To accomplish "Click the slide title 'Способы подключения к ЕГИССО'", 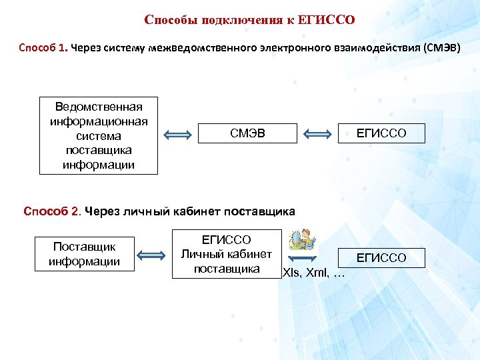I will [x=249, y=20].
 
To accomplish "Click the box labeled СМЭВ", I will [x=247, y=134].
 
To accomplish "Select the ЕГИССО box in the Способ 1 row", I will [x=381, y=134].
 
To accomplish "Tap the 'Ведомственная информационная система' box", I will [x=99, y=135].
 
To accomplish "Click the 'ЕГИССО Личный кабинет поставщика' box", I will [x=226, y=254].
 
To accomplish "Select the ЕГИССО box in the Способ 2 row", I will [x=381, y=258].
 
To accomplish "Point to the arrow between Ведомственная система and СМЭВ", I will [x=177, y=135].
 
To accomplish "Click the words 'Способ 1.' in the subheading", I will [x=43, y=49].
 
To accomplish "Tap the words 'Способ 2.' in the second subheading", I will [x=52, y=212].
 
